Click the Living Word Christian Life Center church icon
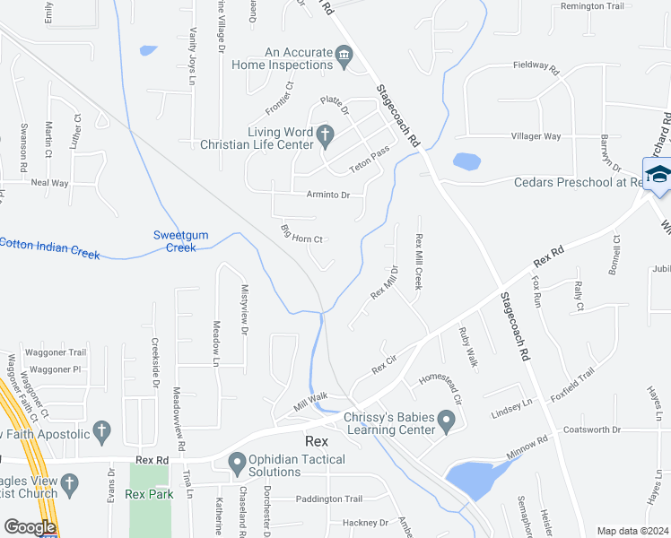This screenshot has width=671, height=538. click(x=326, y=136)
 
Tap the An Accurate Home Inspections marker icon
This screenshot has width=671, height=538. click(x=344, y=58)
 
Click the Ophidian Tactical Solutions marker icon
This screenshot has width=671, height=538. click(x=238, y=464)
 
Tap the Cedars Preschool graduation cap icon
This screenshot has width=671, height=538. click(x=658, y=174)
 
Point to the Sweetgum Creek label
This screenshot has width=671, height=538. click(x=180, y=241)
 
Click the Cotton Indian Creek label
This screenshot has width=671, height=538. click(x=50, y=248)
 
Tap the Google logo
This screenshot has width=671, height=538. click(x=30, y=527)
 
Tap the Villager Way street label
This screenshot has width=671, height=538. click(x=536, y=136)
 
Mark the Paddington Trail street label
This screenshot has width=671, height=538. click(x=328, y=499)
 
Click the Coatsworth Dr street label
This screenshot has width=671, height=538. click(x=598, y=430)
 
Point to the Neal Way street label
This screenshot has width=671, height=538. click(x=49, y=182)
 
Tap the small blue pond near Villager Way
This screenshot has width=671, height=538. click(x=466, y=161)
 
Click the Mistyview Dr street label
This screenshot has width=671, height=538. click(x=244, y=317)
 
